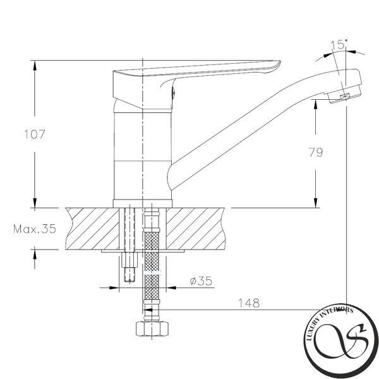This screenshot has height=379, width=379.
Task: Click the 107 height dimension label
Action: click(x=35, y=135)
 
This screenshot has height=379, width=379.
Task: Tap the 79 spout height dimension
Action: click(x=316, y=152)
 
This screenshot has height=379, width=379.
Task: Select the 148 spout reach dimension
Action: click(x=249, y=303)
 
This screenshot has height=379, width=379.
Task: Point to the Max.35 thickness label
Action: click(x=35, y=229)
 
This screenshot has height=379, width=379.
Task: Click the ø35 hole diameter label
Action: click(x=201, y=280)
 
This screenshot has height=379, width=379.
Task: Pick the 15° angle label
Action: click(x=339, y=45)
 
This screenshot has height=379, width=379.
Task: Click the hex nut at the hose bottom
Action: click(x=152, y=328)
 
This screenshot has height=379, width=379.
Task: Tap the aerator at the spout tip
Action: click(x=345, y=95)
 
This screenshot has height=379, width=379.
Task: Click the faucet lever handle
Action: click(x=196, y=70)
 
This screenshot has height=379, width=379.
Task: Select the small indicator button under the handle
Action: click(x=173, y=92)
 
